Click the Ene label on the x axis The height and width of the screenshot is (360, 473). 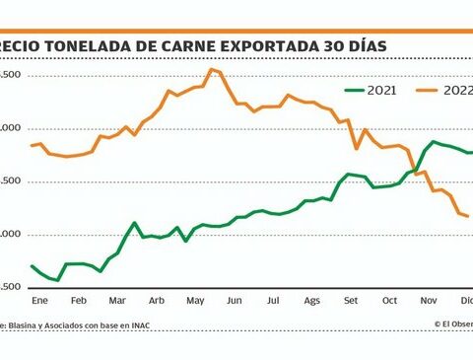point(40,300)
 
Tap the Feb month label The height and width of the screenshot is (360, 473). point(78,300)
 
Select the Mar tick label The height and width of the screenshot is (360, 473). point(117,300)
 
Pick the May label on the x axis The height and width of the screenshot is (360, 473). point(194,300)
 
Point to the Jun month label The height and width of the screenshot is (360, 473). point(234,300)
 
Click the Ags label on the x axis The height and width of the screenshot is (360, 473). point(311,300)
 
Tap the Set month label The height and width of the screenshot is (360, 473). point(351,300)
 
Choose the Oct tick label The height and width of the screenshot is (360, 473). point(389,300)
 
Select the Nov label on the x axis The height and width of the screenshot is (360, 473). point(428,300)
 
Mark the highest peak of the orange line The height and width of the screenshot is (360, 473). point(211,69)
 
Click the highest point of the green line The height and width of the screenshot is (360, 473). point(433,142)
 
